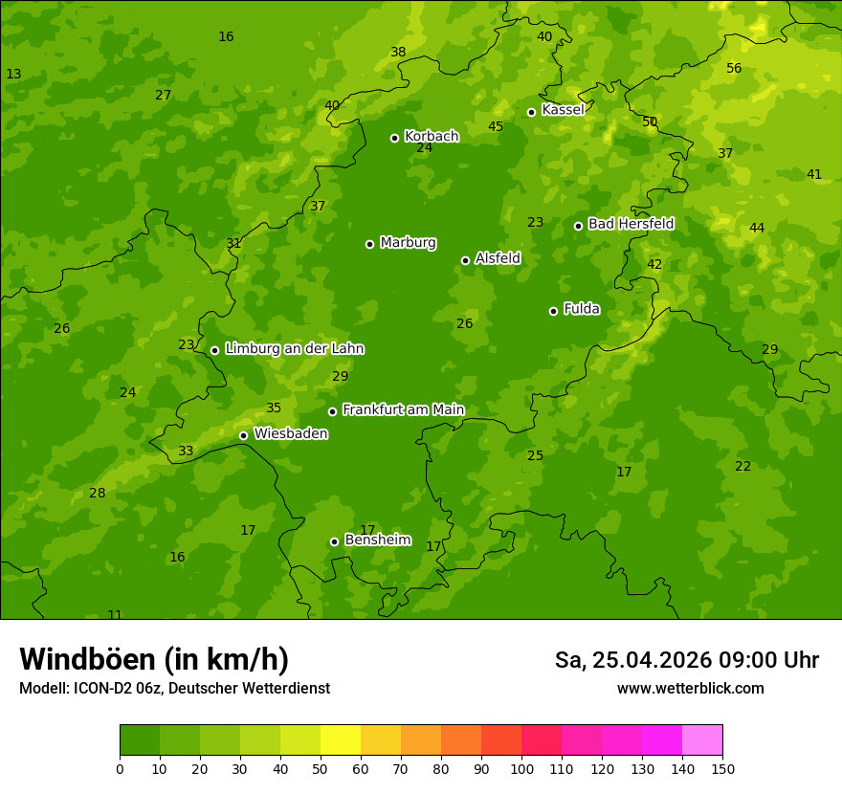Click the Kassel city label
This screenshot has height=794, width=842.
(563, 110)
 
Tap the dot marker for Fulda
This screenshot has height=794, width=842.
(553, 311)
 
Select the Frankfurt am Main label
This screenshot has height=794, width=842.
(403, 409)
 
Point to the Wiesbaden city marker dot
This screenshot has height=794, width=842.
(243, 435)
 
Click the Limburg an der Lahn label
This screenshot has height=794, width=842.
(294, 348)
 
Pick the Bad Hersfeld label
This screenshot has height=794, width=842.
(631, 224)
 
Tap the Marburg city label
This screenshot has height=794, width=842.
(408, 242)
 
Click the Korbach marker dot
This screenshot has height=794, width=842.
(394, 138)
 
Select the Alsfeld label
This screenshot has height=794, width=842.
(498, 258)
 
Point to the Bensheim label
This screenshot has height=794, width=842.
(377, 540)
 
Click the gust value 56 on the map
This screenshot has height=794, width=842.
(734, 68)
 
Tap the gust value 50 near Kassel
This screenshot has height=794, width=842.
(650, 121)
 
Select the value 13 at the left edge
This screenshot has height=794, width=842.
(13, 74)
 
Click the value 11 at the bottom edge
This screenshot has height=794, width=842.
(115, 615)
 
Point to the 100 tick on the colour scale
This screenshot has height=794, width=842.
(521, 768)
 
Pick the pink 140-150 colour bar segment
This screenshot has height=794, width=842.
(702, 740)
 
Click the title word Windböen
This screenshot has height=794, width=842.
(87, 659)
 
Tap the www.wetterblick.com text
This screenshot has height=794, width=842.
(690, 688)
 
